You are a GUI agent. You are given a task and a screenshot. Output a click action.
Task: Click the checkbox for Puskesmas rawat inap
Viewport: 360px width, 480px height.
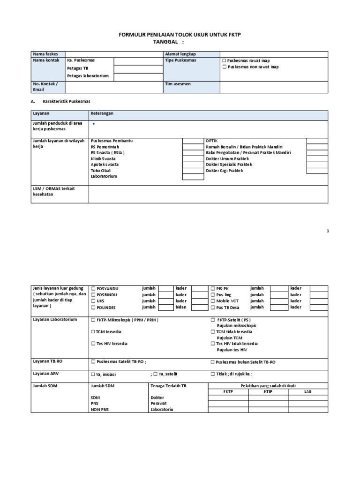point(224,61)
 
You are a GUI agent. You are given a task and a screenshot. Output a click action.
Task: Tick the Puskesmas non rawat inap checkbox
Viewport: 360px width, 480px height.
point(224,67)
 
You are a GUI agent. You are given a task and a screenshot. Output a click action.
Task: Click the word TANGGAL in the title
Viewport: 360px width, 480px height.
point(166,41)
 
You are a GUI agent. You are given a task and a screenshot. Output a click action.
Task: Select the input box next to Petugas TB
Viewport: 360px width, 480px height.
point(137,69)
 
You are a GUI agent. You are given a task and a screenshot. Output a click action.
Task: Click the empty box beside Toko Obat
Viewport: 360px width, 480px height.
point(193,171)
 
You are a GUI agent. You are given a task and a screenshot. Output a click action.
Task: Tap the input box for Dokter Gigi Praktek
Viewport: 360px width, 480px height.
point(317,171)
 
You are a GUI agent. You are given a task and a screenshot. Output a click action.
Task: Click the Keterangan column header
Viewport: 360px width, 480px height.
point(102,113)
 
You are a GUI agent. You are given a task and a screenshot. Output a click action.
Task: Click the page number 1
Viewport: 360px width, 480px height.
point(328,231)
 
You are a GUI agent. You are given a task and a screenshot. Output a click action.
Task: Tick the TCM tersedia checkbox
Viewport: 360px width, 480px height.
point(93,332)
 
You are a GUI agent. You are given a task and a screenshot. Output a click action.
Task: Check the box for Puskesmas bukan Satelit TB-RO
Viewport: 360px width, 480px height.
point(213,362)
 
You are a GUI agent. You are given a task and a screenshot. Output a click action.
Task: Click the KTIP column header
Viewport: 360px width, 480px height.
point(268,392)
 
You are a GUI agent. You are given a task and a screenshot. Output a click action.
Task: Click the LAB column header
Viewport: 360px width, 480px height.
point(308,392)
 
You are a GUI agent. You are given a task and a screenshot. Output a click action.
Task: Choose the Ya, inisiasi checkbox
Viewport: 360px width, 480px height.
point(93,375)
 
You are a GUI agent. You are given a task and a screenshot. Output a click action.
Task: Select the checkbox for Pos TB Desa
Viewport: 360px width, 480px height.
point(213,307)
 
